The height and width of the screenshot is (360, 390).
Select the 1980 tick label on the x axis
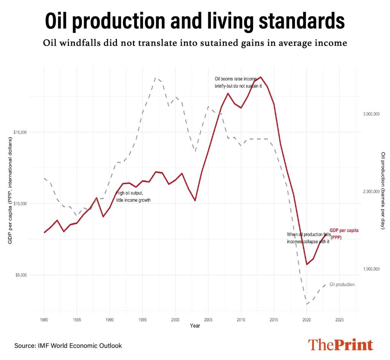tap(44, 320)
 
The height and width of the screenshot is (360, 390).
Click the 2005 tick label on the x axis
tap(208, 320)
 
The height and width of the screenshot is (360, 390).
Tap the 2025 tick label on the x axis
tap(339, 320)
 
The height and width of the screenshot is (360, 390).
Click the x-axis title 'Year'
tap(195, 326)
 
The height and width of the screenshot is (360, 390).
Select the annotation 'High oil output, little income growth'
tap(133, 196)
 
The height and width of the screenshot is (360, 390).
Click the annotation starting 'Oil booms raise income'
tap(238, 82)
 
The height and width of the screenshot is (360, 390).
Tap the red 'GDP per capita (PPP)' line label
tap(344, 234)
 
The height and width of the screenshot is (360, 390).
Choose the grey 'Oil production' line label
tap(342, 284)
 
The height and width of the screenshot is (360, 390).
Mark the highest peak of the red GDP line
tap(261, 77)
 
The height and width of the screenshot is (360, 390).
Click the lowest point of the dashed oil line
tap(306, 304)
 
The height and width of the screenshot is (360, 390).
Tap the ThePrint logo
tap(340, 344)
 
